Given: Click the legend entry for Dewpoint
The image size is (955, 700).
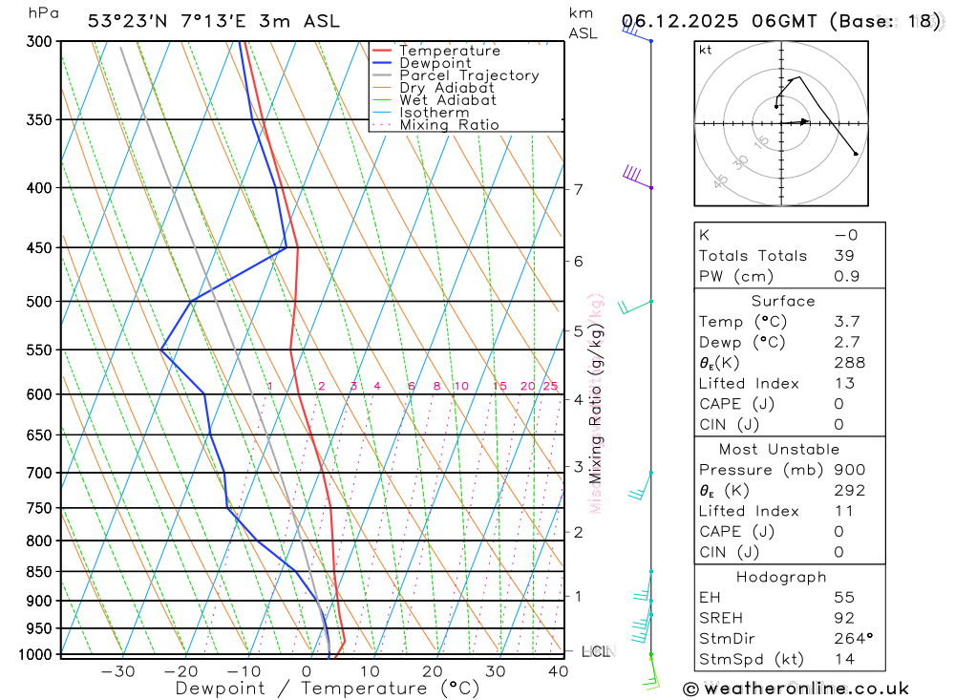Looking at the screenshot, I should pyautogui.click(x=435, y=63).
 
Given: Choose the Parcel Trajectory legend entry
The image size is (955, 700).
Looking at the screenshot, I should pyautogui.click(x=469, y=75).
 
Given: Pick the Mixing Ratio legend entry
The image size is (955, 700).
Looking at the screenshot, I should pyautogui.click(x=449, y=125).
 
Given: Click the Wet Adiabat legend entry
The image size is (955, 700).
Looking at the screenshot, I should pyautogui.click(x=448, y=100).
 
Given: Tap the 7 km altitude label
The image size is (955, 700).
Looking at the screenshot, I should pyautogui.click(x=579, y=189).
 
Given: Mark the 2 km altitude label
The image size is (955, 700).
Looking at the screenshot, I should pyautogui.click(x=579, y=532).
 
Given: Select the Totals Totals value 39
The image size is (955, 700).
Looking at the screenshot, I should pyautogui.click(x=843, y=256).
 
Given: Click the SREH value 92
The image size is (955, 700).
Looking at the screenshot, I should pyautogui.click(x=843, y=618).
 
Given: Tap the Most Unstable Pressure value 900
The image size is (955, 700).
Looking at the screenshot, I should pyautogui.click(x=849, y=470).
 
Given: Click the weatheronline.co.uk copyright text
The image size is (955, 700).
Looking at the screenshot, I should pyautogui.click(x=796, y=689).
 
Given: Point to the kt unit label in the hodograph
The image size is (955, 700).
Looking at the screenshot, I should pyautogui.click(x=706, y=50).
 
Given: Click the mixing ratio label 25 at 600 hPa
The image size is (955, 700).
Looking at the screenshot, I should pyautogui.click(x=550, y=386).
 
